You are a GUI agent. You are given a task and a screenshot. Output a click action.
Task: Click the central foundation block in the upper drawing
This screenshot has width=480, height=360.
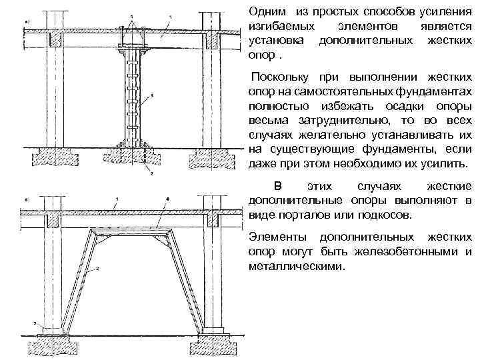[x=141, y=157]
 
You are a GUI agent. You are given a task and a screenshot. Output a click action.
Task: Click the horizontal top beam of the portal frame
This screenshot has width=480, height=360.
[x=137, y=231]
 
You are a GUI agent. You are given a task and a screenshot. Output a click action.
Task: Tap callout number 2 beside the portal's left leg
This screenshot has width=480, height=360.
[x=97, y=268]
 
